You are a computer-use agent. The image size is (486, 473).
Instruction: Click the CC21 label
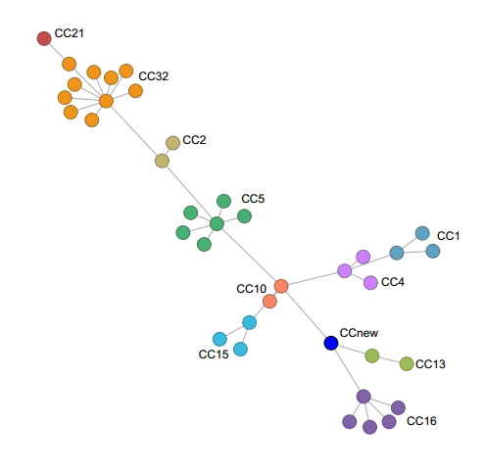[70, 33]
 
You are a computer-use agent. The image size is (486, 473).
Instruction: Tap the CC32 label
[154, 76]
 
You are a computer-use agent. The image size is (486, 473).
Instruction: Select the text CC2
[194, 140]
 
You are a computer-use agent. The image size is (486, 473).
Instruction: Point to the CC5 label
[253, 199]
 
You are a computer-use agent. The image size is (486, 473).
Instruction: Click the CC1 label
[448, 236]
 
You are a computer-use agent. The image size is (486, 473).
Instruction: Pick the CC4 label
[393, 282]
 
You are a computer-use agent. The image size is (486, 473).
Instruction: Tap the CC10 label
[252, 289]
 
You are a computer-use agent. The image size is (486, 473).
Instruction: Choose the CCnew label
[359, 333]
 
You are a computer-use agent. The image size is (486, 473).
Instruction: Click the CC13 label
[430, 364]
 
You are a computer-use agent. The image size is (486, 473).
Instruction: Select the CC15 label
[214, 355]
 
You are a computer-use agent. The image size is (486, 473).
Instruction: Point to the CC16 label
[421, 421]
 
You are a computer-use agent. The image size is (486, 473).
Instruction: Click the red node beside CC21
[44, 38]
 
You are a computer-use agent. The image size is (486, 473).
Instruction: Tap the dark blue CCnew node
[331, 343]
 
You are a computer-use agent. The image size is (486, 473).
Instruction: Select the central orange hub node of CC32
[106, 101]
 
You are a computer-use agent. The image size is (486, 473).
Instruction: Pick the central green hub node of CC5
[217, 224]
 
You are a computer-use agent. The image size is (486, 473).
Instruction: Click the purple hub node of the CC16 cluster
[364, 397]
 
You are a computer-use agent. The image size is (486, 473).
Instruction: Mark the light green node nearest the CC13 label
[407, 363]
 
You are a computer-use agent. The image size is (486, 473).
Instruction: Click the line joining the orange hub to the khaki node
[134, 131]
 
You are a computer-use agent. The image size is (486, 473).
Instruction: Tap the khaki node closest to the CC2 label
[172, 143]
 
